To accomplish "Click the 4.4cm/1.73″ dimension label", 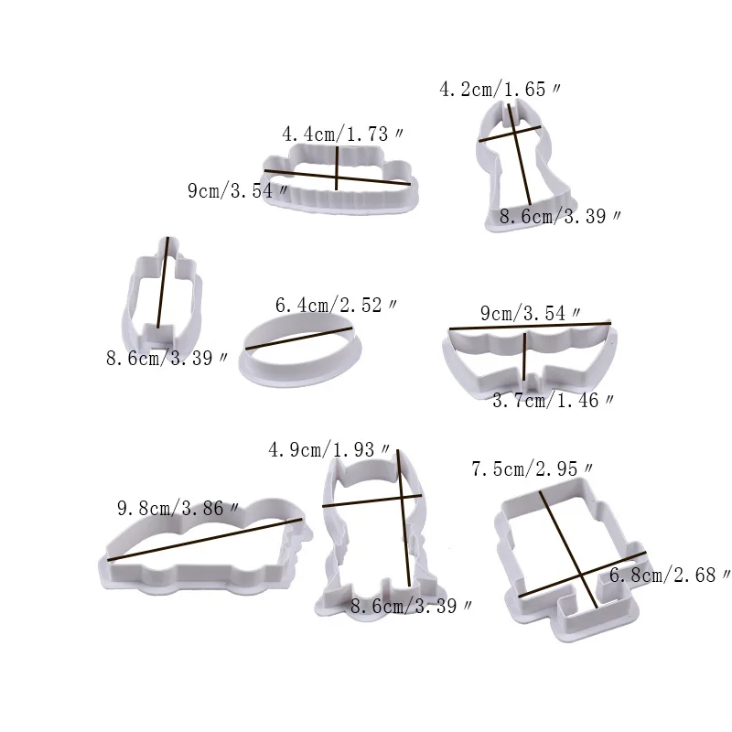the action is [342, 135].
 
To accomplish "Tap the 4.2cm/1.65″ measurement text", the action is [500, 89].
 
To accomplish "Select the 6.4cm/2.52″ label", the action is [336, 306].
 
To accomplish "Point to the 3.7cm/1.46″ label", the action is [554, 401].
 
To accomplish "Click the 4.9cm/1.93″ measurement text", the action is [329, 449].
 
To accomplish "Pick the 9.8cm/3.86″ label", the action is [178, 508].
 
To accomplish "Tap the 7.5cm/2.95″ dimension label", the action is [533, 468].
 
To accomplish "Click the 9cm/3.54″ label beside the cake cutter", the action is [238, 190].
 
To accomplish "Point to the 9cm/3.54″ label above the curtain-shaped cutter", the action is [531, 313].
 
